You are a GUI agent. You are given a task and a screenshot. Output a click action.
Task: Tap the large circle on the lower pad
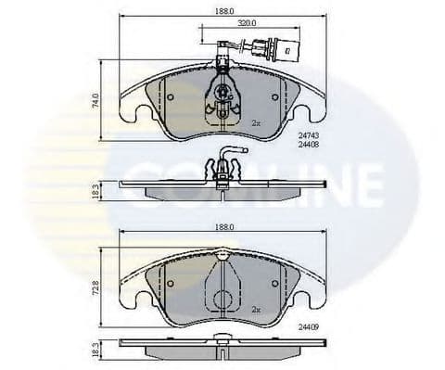[x=223, y=300]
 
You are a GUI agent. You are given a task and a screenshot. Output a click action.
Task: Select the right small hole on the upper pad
[x=275, y=96]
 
